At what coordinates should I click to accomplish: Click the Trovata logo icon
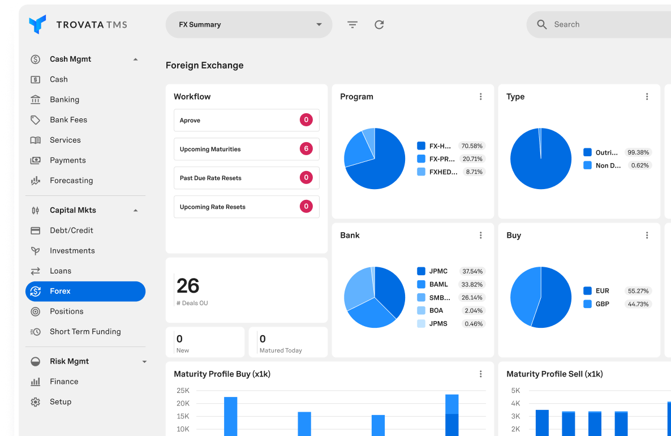pos(37,24)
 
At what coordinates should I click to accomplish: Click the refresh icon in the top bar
pos(379,25)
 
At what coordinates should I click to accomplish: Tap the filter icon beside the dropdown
pos(352,25)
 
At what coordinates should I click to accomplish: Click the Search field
pos(600,25)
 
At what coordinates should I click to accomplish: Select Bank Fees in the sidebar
pos(68,120)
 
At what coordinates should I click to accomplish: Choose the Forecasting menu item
pos(71,181)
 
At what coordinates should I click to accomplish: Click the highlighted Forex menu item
pos(85,292)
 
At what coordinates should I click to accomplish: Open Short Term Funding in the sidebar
pos(85,332)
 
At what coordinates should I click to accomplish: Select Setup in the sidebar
pos(61,402)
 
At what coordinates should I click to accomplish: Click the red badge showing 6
pos(306,149)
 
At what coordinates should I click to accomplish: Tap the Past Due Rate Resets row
pos(246,178)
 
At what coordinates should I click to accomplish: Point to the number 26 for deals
pos(188,286)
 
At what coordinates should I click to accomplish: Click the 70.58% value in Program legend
pos(472,146)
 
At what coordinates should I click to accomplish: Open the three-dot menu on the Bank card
pos(481,236)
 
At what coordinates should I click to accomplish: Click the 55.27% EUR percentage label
pos(638,291)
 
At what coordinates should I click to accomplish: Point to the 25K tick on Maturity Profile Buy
pos(183,391)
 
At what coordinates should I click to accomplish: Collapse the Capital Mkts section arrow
pos(135,211)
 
